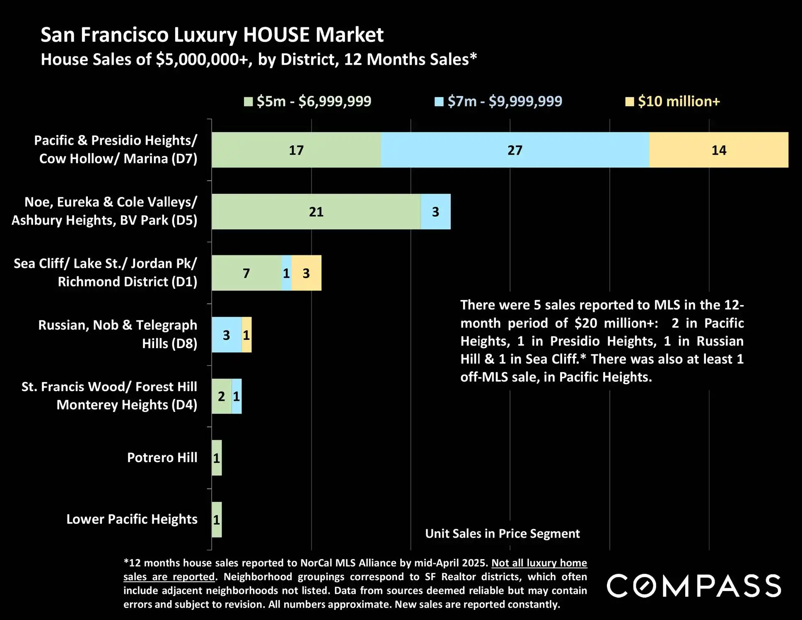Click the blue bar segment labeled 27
click(x=515, y=150)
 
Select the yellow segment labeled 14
click(x=719, y=150)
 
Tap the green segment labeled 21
click(x=316, y=212)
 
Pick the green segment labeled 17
click(x=296, y=150)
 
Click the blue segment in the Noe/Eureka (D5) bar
click(x=436, y=212)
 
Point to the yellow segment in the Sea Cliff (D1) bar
click(x=307, y=273)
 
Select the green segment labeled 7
click(x=246, y=273)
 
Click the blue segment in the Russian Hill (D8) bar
click(x=227, y=335)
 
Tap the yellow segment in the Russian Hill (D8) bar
click(x=246, y=335)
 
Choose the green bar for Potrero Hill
click(x=217, y=458)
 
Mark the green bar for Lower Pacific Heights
click(x=217, y=520)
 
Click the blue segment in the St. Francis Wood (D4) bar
click(x=237, y=396)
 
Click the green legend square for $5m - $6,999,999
click(x=249, y=102)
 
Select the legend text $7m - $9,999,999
click(x=505, y=102)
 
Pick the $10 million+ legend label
click(x=679, y=102)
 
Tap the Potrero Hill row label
click(x=162, y=458)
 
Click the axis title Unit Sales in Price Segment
click(x=502, y=533)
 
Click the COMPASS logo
click(x=694, y=586)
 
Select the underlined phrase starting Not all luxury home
click(x=539, y=563)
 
